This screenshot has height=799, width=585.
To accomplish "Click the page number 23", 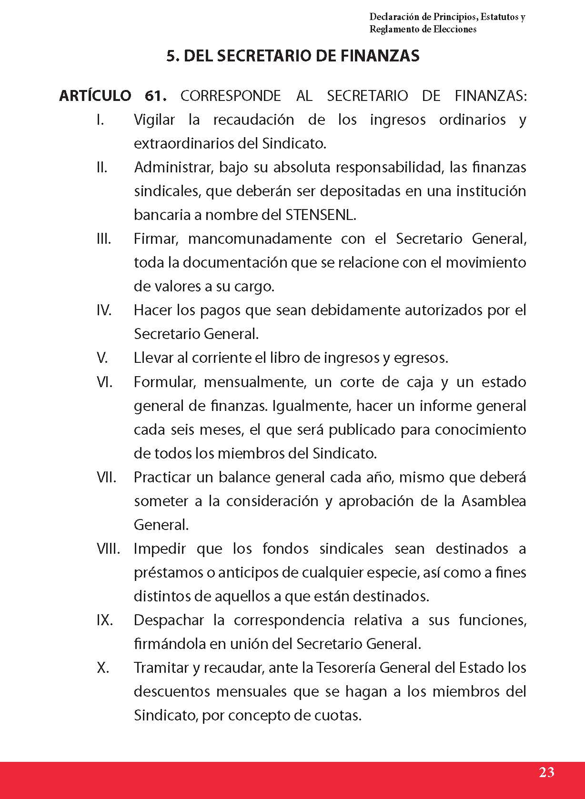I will point(546,772).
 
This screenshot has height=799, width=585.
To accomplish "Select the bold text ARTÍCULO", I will point(95,96).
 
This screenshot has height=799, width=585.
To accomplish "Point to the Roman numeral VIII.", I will point(108,549).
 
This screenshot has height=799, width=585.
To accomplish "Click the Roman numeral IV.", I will point(104,310).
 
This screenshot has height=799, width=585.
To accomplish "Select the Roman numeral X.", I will point(102,668).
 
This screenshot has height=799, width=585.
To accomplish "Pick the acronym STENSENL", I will point(320,215).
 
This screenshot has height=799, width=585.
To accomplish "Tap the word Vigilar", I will point(154,120).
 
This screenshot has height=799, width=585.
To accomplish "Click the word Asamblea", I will point(494,501).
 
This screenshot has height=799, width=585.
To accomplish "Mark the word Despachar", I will point(167,620).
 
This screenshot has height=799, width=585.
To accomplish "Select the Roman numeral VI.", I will point(104,382).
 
